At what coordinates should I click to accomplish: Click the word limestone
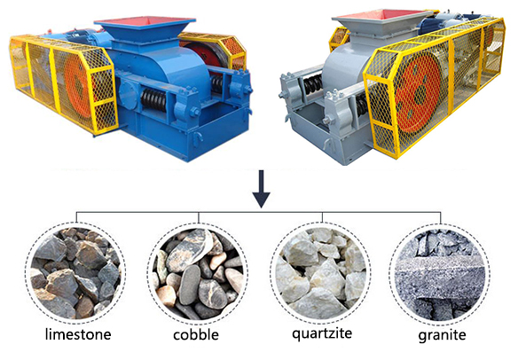pyautogui.click(x=78, y=334)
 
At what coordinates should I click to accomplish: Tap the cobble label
pyautogui.click(x=196, y=334)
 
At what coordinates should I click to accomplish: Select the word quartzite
pyautogui.click(x=322, y=333)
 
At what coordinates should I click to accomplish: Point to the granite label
pyautogui.click(x=442, y=335)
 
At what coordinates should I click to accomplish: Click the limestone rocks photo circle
pyautogui.click(x=75, y=273)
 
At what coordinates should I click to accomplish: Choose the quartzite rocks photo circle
pyautogui.click(x=321, y=273)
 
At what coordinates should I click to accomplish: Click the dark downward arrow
pyautogui.click(x=262, y=189)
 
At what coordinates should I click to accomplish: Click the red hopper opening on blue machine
pyautogui.click(x=145, y=20)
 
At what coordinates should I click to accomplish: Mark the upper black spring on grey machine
pyautogui.click(x=312, y=83)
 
